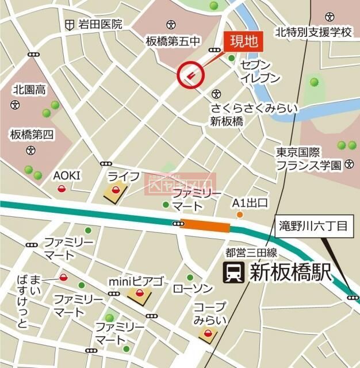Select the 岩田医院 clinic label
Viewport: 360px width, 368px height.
pos(101,24)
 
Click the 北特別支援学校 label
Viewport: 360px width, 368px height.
pos(313,32)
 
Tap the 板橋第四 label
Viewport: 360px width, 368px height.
pos(32,135)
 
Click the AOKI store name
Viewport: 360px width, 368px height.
pos(67,175)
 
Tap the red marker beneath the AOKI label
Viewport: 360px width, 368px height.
pos(62,189)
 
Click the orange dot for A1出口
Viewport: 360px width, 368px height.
pos(240,215)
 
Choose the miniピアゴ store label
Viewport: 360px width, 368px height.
pos(136,282)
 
